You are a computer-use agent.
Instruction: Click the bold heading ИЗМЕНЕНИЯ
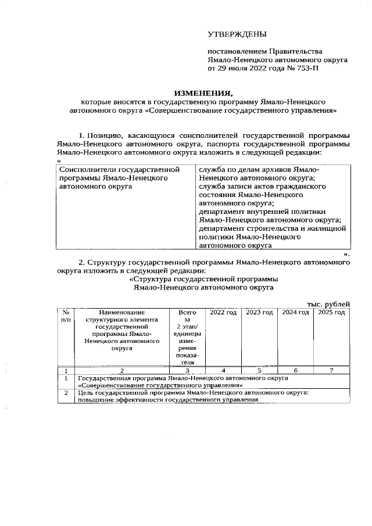tap(203, 92)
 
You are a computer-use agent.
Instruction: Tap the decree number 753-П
tap(302, 68)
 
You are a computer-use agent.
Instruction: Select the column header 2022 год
tap(223, 313)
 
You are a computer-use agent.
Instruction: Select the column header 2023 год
tap(259, 313)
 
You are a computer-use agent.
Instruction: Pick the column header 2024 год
tap(295, 313)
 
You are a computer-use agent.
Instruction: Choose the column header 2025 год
tap(331, 313)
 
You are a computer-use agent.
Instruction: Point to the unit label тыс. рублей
tap(328, 303)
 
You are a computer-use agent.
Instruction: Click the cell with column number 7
tap(331, 370)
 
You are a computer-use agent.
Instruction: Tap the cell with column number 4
tap(223, 370)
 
